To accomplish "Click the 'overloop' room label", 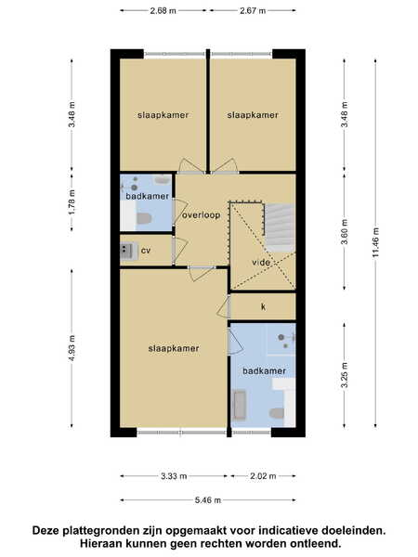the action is [x=202, y=215].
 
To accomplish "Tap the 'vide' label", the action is [x=261, y=263].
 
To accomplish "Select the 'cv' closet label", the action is [x=146, y=251].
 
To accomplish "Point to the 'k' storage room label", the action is [x=264, y=306].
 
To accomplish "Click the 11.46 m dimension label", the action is [x=376, y=242].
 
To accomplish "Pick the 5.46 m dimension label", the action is [x=208, y=500].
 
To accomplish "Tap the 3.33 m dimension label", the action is [x=174, y=476].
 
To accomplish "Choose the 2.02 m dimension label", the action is [x=263, y=476].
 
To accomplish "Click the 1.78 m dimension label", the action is [x=72, y=201].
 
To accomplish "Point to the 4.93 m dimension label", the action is [x=72, y=348].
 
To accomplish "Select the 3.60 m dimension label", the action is [x=344, y=231].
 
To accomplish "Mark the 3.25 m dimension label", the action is [x=344, y=375].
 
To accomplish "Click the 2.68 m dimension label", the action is [x=163, y=10].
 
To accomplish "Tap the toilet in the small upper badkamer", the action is [x=144, y=218].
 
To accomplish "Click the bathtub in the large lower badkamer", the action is [x=240, y=405].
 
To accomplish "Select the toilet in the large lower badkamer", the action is [x=277, y=413].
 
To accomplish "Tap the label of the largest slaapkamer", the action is [x=174, y=348].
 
